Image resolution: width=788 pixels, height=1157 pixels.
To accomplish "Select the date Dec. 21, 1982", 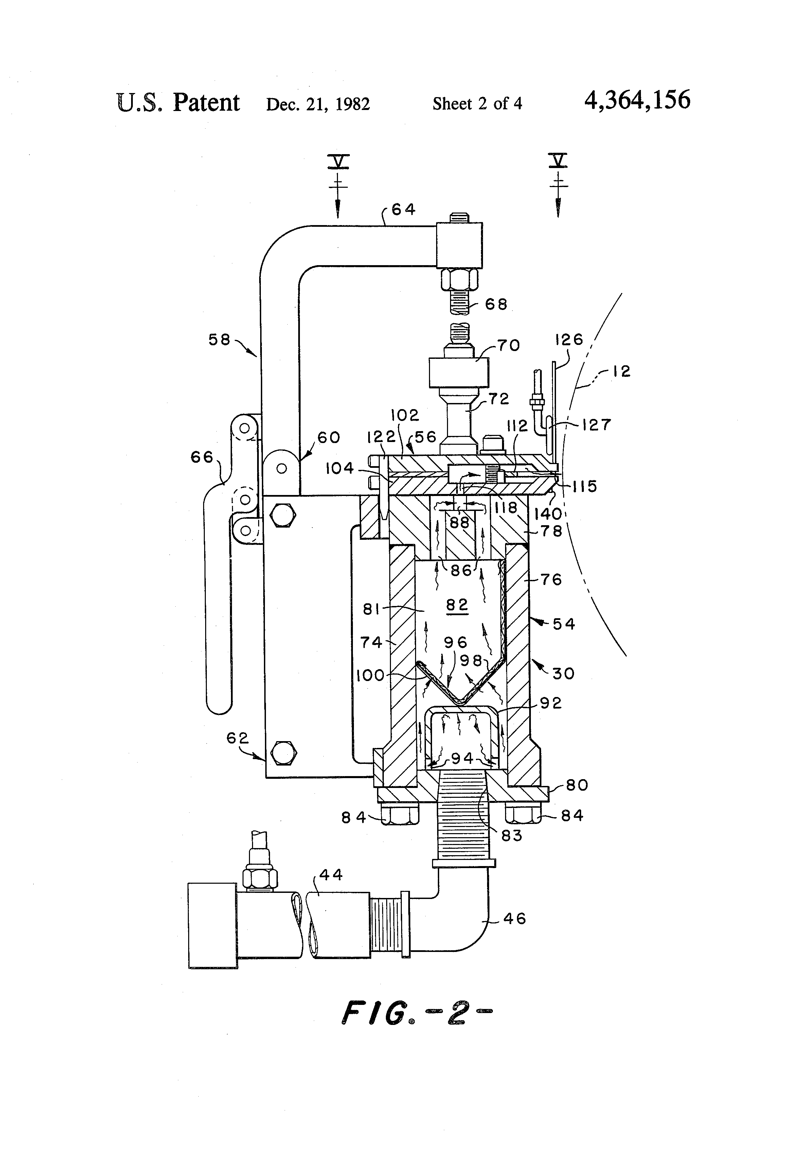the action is point(318,104).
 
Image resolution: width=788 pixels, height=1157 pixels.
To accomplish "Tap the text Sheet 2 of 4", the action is point(477,104).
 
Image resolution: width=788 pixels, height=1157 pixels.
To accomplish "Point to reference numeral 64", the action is point(404,209).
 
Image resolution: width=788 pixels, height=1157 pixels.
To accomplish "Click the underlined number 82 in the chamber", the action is point(457,605).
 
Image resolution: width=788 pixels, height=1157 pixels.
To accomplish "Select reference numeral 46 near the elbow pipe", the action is point(515,919).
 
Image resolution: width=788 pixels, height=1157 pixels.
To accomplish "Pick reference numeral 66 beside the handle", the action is point(202,457).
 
